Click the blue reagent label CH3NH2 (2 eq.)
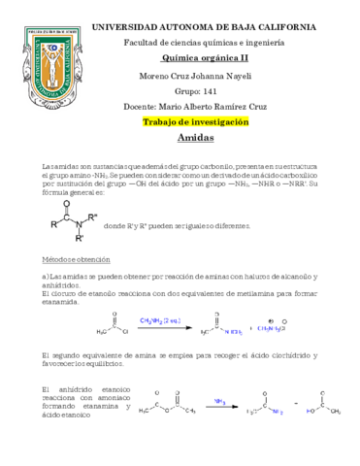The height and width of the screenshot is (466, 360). (x=158, y=318)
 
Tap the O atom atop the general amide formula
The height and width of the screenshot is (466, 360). (x=66, y=204)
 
